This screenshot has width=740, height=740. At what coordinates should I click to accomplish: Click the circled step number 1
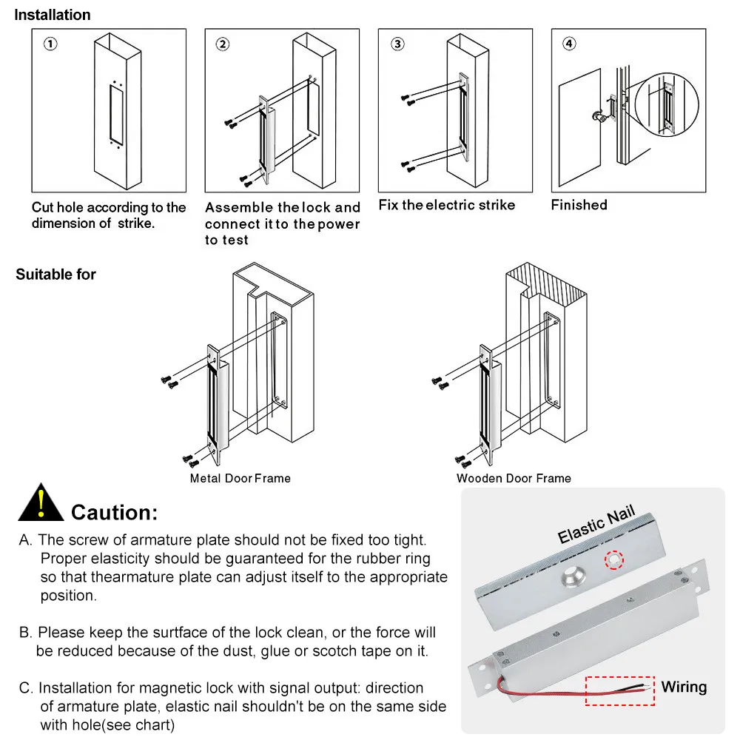tap(50, 44)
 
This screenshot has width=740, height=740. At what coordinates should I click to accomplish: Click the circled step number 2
tap(223, 44)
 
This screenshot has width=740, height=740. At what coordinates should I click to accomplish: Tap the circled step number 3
tap(398, 44)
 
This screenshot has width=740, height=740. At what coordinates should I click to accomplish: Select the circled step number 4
tap(569, 44)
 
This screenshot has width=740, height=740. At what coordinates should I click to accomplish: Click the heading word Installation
tap(53, 15)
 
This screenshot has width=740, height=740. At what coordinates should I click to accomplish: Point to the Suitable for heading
tap(56, 275)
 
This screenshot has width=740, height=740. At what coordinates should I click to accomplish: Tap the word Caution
tap(114, 512)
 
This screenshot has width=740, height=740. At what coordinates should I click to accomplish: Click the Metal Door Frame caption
tap(240, 478)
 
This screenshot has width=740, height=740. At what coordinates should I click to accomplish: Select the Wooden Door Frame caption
tap(514, 478)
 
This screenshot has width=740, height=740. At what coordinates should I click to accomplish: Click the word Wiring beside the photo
tap(684, 687)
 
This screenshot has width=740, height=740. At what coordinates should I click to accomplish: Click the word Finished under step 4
tap(579, 205)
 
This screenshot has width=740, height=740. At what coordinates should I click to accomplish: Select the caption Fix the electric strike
tap(447, 205)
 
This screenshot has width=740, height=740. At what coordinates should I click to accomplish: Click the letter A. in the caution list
tap(26, 541)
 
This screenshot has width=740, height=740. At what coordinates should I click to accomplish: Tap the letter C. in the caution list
tap(27, 688)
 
